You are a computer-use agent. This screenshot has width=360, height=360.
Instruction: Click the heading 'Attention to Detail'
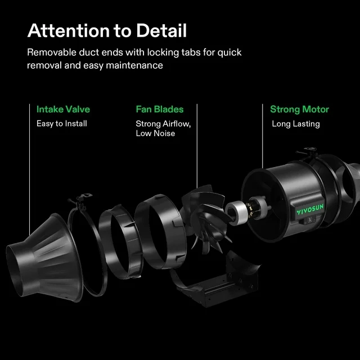pyautogui.click(x=107, y=30)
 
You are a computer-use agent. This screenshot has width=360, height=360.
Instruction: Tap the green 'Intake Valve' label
pyautogui.click(x=63, y=109)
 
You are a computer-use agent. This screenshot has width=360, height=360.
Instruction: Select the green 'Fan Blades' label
pyautogui.click(x=160, y=109)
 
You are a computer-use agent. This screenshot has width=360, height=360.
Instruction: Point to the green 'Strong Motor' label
pyautogui.click(x=299, y=110)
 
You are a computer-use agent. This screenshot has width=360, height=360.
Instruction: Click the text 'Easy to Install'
pyautogui.click(x=62, y=124)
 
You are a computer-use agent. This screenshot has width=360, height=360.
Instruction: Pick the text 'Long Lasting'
pyautogui.click(x=296, y=124)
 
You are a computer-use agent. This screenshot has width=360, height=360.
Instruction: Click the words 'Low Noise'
pyautogui.click(x=155, y=133)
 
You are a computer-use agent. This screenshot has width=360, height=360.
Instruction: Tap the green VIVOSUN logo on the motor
pyautogui.click(x=310, y=209)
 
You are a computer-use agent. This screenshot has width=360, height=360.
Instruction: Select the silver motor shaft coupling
pyautogui.click(x=235, y=211)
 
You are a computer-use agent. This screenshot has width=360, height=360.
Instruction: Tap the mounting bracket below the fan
pyautogui.click(x=218, y=285)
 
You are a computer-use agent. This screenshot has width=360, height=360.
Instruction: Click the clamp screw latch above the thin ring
pyautogui.click(x=80, y=199)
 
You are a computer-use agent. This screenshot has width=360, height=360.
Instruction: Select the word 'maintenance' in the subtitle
pyautogui.click(x=134, y=65)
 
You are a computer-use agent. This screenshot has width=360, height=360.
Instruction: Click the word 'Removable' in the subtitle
pyautogui.click(x=52, y=52)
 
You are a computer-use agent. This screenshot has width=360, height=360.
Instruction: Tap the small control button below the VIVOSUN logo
pyautogui.click(x=309, y=220)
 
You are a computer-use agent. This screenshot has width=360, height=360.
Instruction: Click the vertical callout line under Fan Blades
pyautogui.click(x=197, y=146)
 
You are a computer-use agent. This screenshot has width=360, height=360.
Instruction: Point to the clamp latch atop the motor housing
pyautogui.click(x=307, y=152)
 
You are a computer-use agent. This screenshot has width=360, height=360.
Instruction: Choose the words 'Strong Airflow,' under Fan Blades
pyautogui.click(x=163, y=124)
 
